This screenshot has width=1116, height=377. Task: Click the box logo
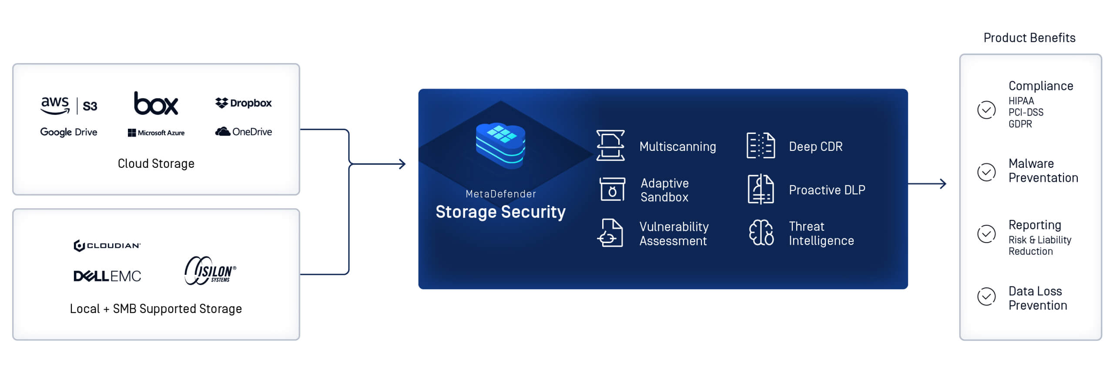pyautogui.click(x=156, y=104)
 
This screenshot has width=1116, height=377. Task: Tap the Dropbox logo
pyautogui.click(x=243, y=103)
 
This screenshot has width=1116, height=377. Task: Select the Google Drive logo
pyautogui.click(x=69, y=132)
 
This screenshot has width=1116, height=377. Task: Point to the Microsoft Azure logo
pyautogui.click(x=156, y=133)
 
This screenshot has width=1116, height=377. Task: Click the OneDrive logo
pyautogui.click(x=244, y=132)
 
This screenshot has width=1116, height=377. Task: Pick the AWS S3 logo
pyautogui.click(x=69, y=105)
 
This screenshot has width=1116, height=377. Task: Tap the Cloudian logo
pyautogui.click(x=107, y=246)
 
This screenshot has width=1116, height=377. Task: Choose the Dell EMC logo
pyautogui.click(x=107, y=276)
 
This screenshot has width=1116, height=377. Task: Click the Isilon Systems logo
pyautogui.click(x=210, y=271)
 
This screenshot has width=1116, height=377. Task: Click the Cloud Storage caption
pyautogui.click(x=156, y=164)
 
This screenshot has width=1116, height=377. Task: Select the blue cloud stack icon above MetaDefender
pyautogui.click(x=500, y=145)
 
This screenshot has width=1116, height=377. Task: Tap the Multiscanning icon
pyautogui.click(x=610, y=146)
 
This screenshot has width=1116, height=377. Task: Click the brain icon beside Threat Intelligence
pyautogui.click(x=761, y=233)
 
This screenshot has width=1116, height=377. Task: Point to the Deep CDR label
pyautogui.click(x=815, y=147)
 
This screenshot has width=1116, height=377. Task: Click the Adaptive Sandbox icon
pyautogui.click(x=612, y=190)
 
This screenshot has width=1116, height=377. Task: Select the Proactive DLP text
pyautogui.click(x=827, y=190)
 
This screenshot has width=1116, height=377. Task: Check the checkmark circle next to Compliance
pyautogui.click(x=986, y=110)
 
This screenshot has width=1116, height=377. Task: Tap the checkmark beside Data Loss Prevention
pyautogui.click(x=986, y=297)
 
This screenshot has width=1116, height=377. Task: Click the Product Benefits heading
pyautogui.click(x=1029, y=38)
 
